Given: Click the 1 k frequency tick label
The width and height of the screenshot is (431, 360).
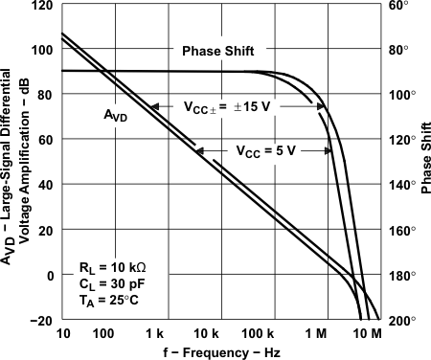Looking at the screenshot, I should (x=156, y=335).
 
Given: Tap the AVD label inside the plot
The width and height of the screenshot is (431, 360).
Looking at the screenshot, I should (x=116, y=115).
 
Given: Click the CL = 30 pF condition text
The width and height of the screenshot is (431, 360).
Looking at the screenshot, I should (x=110, y=281).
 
